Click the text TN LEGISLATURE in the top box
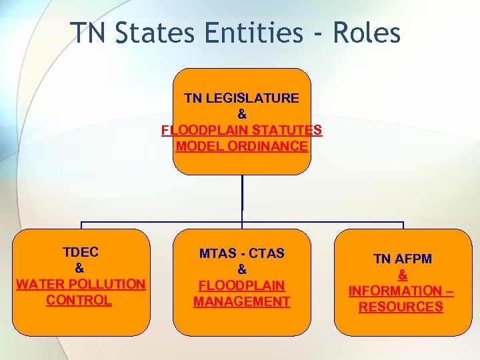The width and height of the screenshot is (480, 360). (x=241, y=98)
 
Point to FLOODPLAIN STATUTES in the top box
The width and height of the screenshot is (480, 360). (x=241, y=130)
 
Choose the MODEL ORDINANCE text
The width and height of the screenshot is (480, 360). (x=241, y=146)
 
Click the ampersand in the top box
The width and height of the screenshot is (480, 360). (x=241, y=114)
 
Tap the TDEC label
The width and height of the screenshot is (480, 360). (x=80, y=252)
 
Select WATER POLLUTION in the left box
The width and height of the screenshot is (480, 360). (x=80, y=284)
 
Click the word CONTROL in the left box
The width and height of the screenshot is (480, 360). (x=79, y=300)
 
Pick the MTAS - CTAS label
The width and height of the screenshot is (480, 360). (x=242, y=253)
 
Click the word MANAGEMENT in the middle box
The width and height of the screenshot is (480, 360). (x=242, y=301)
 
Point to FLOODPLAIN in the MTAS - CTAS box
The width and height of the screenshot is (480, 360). (x=242, y=285)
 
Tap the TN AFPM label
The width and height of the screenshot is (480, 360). (x=402, y=259)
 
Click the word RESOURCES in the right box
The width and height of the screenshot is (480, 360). (x=401, y=307)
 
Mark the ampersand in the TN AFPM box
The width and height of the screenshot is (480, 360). (x=402, y=275)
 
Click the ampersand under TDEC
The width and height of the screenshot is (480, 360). (x=79, y=268)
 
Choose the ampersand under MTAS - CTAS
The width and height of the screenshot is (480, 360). (x=242, y=269)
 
